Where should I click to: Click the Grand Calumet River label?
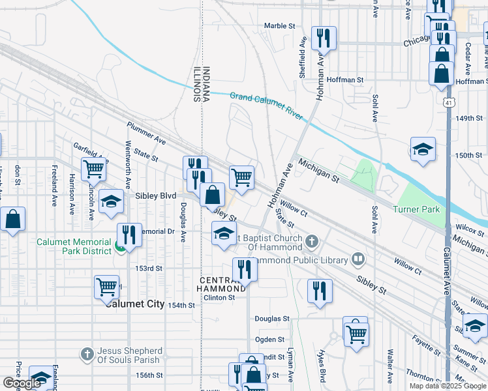coord(266,106)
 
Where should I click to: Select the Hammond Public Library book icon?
coord(358,260)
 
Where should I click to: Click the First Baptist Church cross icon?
coord(312,242)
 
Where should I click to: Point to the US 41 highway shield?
coord(448,103)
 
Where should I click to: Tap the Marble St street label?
coord(280,26)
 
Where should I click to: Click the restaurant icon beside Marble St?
coord(323,38)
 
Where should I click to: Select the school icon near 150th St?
coord(423,149)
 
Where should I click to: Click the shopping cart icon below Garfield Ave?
coord(93,168)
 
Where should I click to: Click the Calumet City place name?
coord(134,304)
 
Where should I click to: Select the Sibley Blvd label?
coord(155,195)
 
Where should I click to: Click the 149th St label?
coord(468,119)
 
